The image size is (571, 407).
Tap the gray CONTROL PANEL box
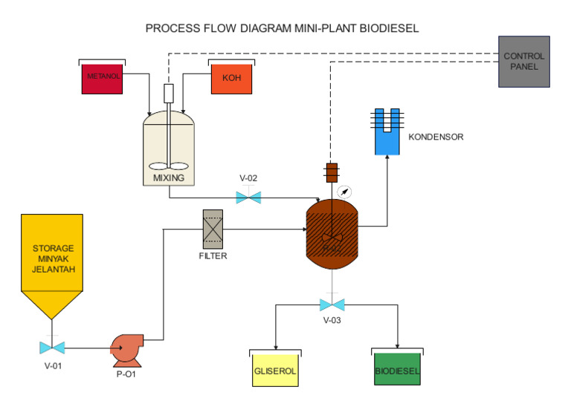(x=524, y=62)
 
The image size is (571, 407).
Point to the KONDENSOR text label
(x=436, y=137)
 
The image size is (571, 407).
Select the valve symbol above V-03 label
(x=332, y=305)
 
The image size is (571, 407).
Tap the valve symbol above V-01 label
(x=52, y=347)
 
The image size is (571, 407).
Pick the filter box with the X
(x=213, y=229)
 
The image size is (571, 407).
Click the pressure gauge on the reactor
(x=344, y=192)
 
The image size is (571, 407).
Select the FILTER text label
(x=213, y=256)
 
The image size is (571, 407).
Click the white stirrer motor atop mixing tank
(x=168, y=94)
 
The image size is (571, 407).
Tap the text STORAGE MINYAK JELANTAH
(x=52, y=258)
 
